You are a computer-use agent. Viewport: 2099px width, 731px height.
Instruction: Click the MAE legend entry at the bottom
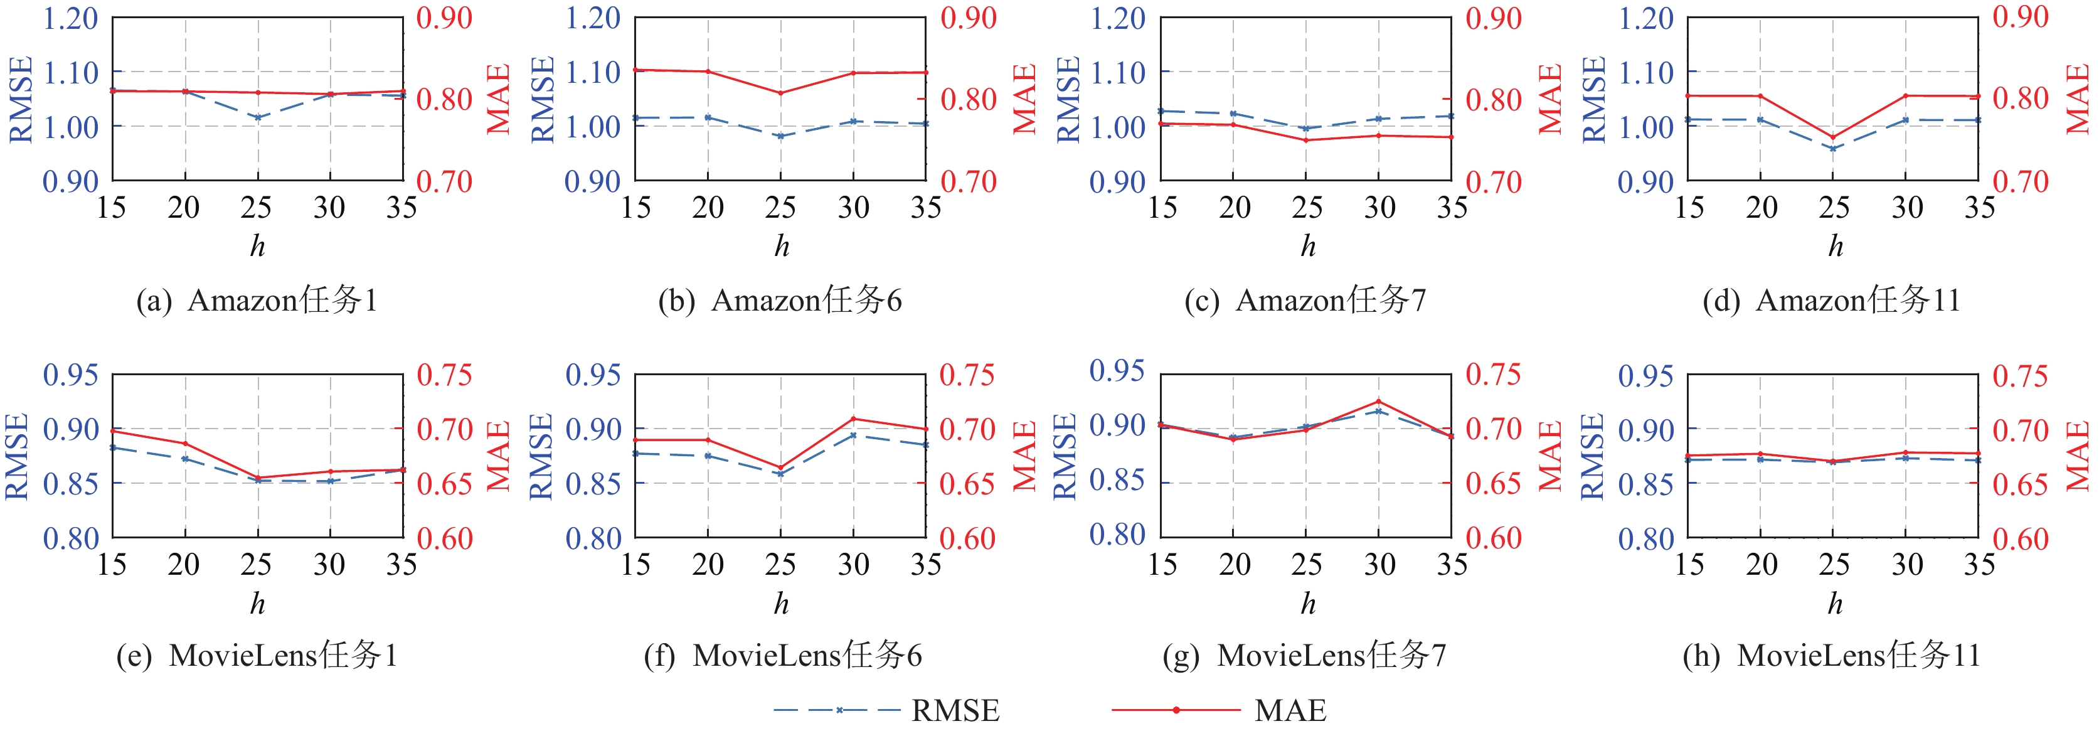pyautogui.click(x=1219, y=711)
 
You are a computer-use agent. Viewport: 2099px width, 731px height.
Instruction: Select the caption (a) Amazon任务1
pyautogui.click(x=257, y=301)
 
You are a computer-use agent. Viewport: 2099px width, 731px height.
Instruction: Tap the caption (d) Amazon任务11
pyautogui.click(x=1831, y=301)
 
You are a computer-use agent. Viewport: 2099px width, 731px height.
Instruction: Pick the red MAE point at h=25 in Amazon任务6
pyautogui.click(x=780, y=93)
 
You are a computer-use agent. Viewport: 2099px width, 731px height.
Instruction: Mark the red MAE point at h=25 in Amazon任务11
pyautogui.click(x=1834, y=137)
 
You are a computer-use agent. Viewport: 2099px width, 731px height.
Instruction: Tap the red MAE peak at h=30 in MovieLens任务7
pyautogui.click(x=1379, y=401)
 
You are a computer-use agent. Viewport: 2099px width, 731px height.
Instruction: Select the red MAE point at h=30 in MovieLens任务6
pyautogui.click(x=854, y=419)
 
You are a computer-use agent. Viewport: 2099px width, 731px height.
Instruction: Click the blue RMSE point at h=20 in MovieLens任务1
pyautogui.click(x=185, y=459)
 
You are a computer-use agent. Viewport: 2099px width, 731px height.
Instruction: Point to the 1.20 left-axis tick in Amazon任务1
pyautogui.click(x=70, y=18)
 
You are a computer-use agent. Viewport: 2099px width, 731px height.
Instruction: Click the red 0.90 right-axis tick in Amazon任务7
pyautogui.click(x=1494, y=18)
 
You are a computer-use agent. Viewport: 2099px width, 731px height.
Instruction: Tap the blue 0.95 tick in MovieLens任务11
pyautogui.click(x=1645, y=376)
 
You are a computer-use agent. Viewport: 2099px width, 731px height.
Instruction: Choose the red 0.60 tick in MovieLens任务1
pyautogui.click(x=445, y=538)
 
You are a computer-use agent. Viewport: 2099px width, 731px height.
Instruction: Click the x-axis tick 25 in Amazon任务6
pyautogui.click(x=780, y=208)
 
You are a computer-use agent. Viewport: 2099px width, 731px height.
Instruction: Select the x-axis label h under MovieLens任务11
pyautogui.click(x=1834, y=604)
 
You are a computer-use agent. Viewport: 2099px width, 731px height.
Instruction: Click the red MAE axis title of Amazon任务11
pyautogui.click(x=2079, y=99)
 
